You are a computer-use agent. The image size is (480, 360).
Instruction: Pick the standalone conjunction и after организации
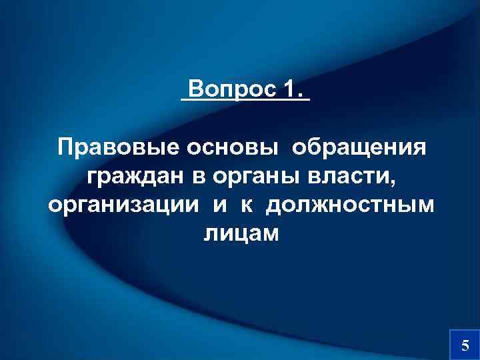tap(220, 205)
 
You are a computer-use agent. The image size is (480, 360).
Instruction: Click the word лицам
tap(240, 233)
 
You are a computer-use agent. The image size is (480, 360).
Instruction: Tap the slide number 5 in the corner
tap(465, 345)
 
